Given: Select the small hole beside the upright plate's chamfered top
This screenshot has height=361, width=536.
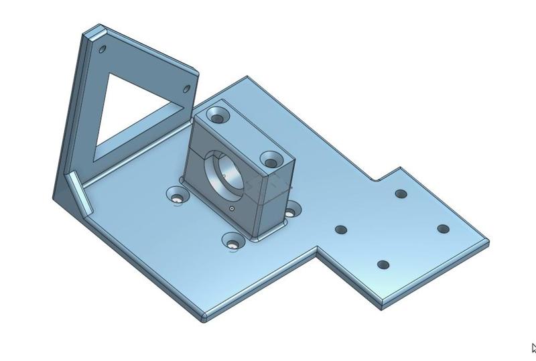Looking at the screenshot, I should pyautogui.click(x=103, y=50).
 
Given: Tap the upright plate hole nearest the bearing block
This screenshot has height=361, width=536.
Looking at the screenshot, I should pyautogui.click(x=186, y=90).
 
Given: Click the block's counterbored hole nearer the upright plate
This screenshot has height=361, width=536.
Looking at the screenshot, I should pyautogui.click(x=217, y=116).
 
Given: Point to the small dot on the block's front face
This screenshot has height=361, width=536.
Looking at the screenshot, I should pyautogui.click(x=232, y=209).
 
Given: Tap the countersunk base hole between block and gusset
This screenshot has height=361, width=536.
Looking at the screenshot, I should pyautogui.click(x=176, y=198).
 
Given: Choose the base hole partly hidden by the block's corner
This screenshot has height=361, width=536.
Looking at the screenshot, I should pyautogui.click(x=291, y=212).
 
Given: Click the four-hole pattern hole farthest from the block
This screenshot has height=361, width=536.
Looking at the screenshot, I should pyautogui.click(x=442, y=229).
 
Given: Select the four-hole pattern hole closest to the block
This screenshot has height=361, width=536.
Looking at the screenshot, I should pyautogui.click(x=341, y=230).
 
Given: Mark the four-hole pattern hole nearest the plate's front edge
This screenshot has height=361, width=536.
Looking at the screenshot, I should pyautogui.click(x=383, y=265).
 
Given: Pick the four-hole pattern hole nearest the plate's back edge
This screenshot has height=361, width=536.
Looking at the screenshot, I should pyautogui.click(x=401, y=194).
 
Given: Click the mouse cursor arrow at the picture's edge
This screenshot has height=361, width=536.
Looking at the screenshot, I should pyautogui.click(x=533, y=348).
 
